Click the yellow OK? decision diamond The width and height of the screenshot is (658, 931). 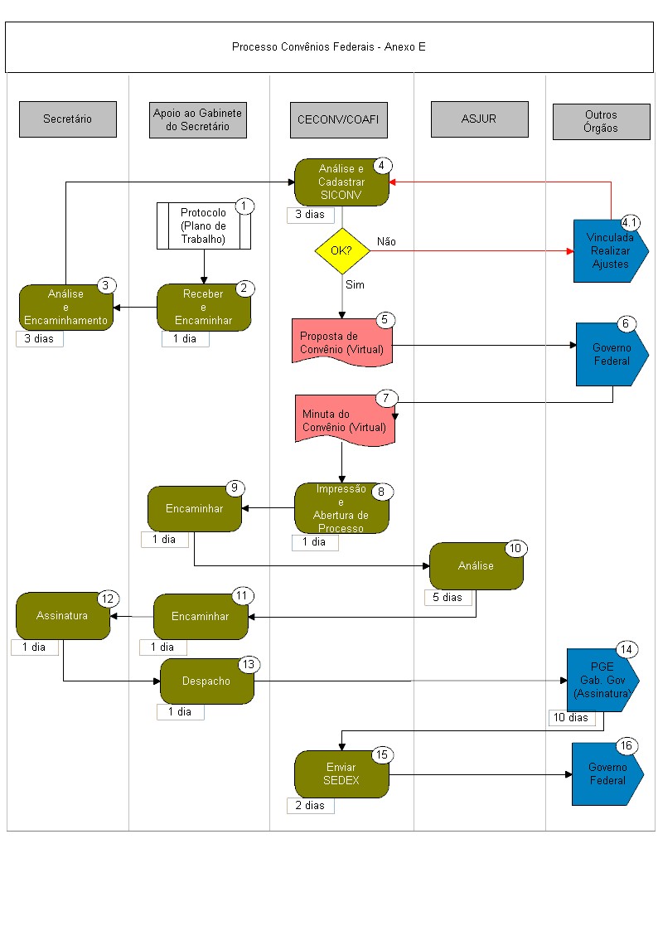click(x=342, y=250)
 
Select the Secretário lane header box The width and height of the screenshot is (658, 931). click(x=68, y=119)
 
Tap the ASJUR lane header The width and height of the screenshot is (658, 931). click(x=479, y=119)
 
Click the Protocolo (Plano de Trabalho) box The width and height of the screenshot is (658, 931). click(x=204, y=225)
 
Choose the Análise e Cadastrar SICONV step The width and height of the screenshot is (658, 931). click(x=341, y=182)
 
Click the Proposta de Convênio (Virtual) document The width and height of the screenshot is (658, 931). click(x=342, y=342)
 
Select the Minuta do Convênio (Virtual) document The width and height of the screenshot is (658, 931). click(x=345, y=420)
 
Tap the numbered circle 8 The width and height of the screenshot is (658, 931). click(x=381, y=492)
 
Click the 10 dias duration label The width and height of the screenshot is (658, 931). click(x=570, y=717)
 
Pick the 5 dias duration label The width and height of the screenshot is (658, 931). click(x=448, y=597)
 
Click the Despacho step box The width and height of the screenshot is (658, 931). click(x=207, y=681)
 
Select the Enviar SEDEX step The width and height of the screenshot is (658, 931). click(x=341, y=774)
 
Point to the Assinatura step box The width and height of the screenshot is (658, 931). click(x=63, y=616)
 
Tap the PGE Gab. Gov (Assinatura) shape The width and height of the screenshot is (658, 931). click(x=602, y=680)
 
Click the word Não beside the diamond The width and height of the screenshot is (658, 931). click(x=386, y=241)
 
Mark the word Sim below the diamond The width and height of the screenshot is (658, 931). click(x=355, y=285)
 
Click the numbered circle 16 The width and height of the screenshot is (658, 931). click(x=627, y=746)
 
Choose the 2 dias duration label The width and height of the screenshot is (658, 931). click(x=310, y=806)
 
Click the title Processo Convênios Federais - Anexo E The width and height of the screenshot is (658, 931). click(x=329, y=47)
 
